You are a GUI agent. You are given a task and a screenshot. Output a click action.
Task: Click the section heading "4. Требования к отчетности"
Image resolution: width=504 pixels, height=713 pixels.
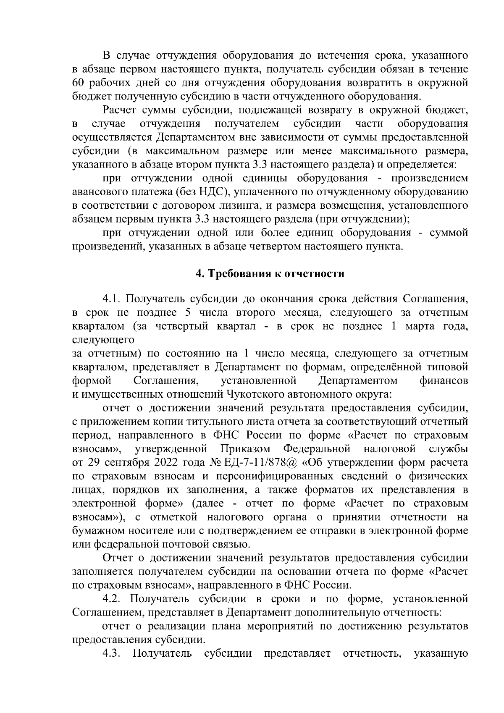[x=270, y=274]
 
